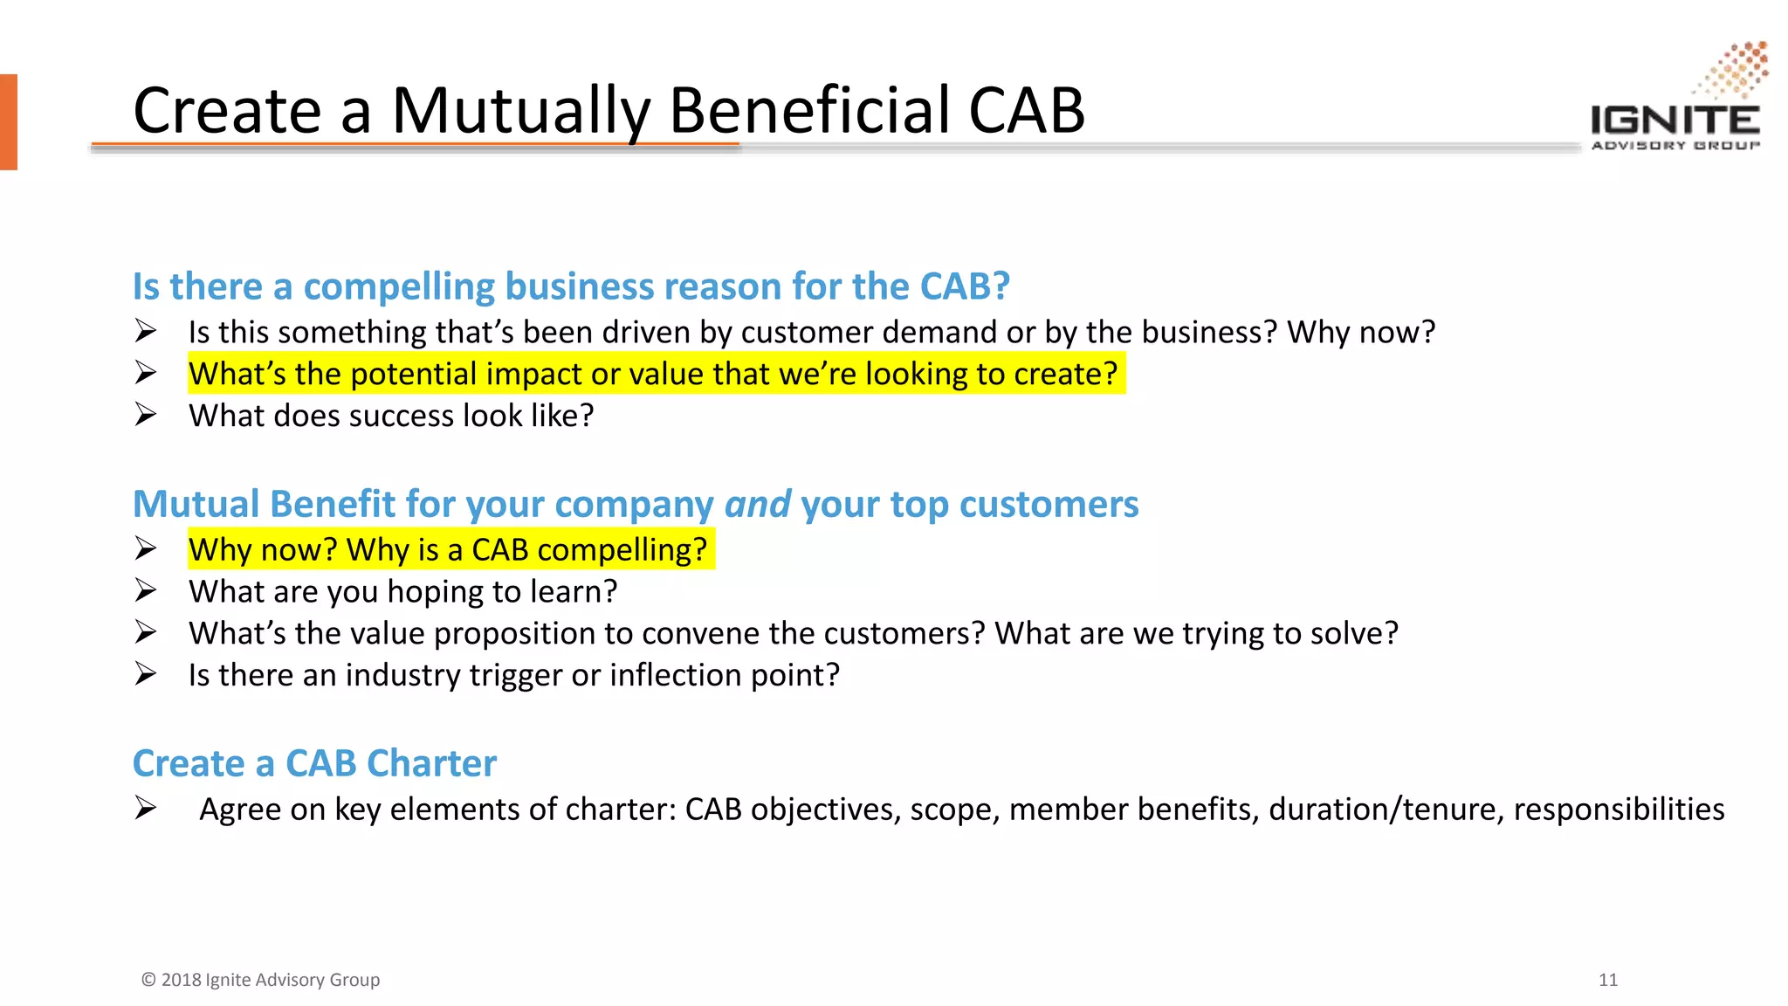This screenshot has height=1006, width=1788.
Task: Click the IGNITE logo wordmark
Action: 1675,120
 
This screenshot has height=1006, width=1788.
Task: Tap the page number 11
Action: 1608,980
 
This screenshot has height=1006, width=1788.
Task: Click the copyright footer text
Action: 260,980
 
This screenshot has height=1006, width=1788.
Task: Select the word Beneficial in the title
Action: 808,111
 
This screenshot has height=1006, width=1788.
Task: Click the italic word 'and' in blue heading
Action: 757,504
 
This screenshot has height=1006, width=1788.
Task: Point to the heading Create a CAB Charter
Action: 314,763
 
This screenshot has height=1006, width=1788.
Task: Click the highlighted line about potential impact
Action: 653,374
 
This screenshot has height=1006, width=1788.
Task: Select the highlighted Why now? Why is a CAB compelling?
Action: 448,549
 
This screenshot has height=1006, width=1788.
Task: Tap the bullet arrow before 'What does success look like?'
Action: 146,414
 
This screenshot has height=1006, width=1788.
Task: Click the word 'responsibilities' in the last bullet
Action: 1619,810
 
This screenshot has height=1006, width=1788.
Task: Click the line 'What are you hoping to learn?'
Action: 402,591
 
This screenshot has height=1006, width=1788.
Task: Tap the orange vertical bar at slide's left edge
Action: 8,121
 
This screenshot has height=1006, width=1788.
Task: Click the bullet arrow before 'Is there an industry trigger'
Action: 146,674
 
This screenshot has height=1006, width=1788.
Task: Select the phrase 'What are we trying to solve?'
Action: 1196,633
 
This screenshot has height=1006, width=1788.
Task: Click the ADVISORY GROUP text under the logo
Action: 1675,145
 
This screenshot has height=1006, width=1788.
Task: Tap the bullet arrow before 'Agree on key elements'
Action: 146,808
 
